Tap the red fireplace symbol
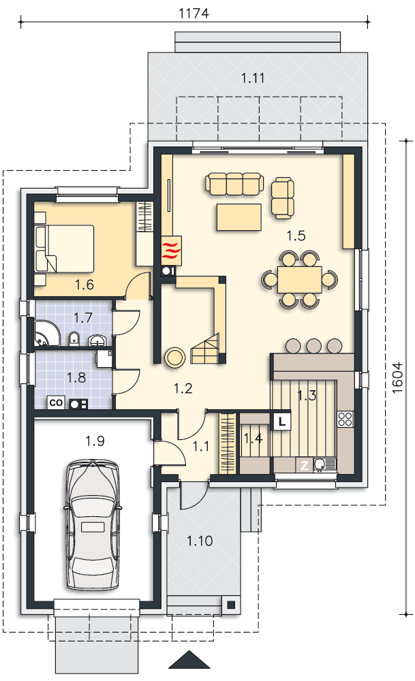click(x=171, y=251)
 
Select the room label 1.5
click(x=296, y=236)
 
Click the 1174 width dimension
click(x=194, y=13)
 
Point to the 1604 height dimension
click(x=397, y=378)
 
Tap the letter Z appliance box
click(x=304, y=466)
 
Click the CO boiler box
click(x=56, y=402)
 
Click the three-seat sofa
click(x=234, y=183)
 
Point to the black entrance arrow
click(x=189, y=659)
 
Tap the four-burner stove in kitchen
click(x=345, y=419)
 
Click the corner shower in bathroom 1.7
click(x=47, y=334)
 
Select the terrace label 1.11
click(x=253, y=78)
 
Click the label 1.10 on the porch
click(x=200, y=541)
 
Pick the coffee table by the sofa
click(x=239, y=217)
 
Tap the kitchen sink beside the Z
click(x=324, y=464)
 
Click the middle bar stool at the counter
click(x=313, y=346)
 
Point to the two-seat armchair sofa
click(x=283, y=197)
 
